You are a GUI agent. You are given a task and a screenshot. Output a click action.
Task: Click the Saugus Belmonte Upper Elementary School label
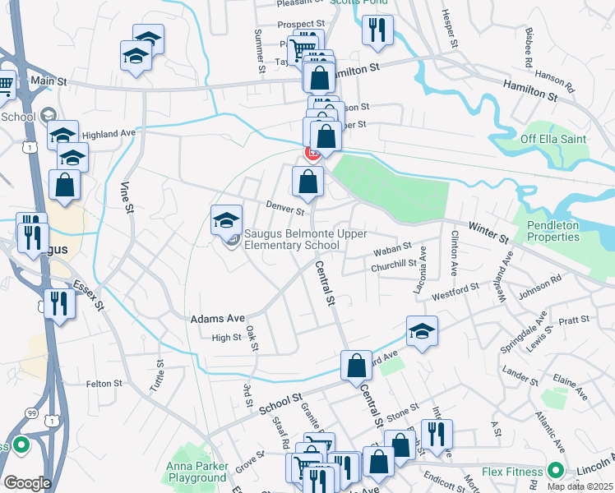point(293,239)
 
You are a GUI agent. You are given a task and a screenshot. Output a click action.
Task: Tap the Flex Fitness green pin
point(555,472)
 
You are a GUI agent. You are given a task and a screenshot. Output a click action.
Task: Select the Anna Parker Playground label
point(197,472)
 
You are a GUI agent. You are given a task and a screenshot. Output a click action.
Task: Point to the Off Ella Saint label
point(553,139)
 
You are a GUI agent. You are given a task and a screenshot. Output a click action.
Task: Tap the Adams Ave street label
point(218,318)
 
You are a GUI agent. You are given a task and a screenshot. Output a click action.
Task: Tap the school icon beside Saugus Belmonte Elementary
point(227,219)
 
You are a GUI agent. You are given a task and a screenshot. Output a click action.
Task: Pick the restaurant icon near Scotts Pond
point(377,30)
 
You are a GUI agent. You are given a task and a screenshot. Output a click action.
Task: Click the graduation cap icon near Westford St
point(422,330)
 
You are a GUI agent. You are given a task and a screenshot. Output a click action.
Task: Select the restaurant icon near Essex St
point(60,302)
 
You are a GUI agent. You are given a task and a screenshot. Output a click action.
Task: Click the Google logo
point(27,483)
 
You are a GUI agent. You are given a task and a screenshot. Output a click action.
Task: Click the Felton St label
point(104,383)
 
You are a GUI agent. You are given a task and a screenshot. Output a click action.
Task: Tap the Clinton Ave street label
point(454,251)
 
